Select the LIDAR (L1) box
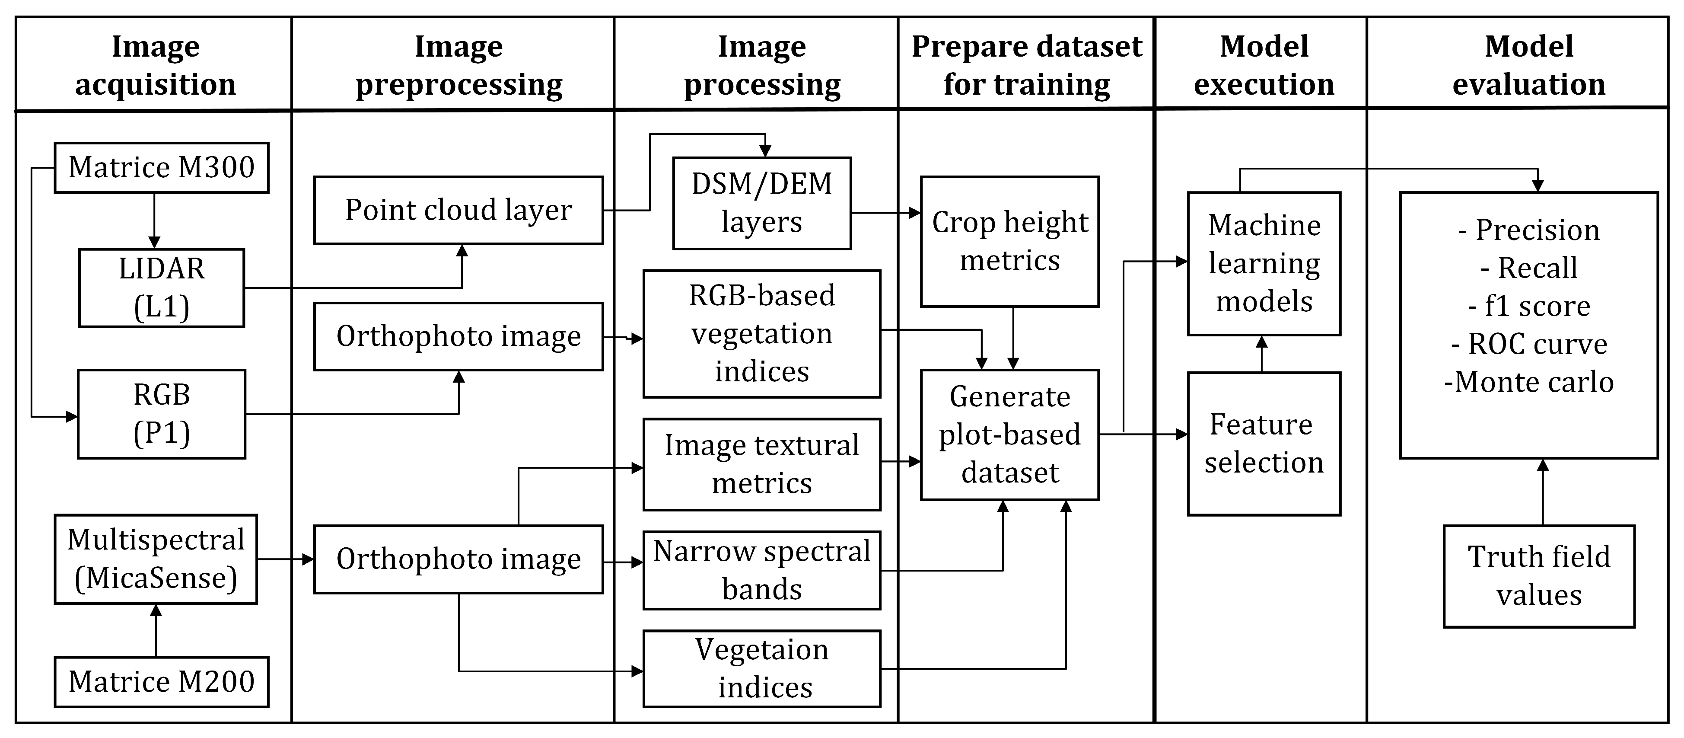[162, 288]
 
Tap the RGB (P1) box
[162, 413]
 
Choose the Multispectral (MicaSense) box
[156, 559]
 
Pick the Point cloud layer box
[458, 210]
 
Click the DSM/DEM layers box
[761, 203]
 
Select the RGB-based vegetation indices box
[761, 334]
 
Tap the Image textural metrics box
[761, 464]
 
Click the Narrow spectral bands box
[761, 570]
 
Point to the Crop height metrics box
[1009, 241]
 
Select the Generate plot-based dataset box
[1009, 434]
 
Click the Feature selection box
[1264, 444]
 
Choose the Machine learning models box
[1264, 264]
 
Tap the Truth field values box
[1539, 576]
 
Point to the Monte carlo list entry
[1528, 382]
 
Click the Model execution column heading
[1264, 65]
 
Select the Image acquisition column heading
[155, 65]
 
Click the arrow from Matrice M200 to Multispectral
[156, 631]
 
